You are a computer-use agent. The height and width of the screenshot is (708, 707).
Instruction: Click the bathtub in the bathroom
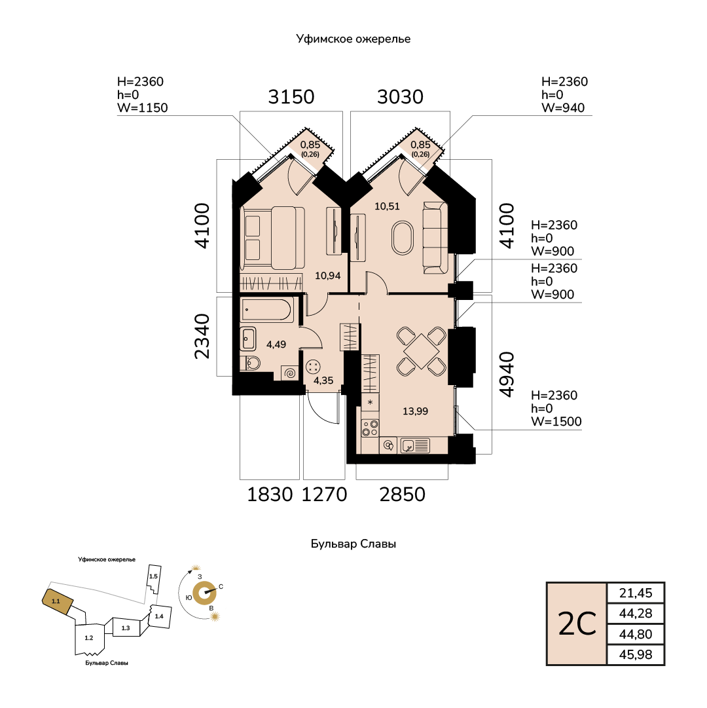point(267,310)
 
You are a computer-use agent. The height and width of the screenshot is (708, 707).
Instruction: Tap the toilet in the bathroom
point(251,363)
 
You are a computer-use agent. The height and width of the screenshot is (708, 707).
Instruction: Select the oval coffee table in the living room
point(402,238)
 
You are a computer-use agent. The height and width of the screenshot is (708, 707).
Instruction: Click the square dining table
point(422,351)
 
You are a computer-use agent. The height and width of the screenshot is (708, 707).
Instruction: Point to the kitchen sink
point(414,445)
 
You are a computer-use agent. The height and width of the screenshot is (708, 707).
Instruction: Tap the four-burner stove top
point(371,428)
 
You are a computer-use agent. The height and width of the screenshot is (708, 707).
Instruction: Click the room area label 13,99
point(415,411)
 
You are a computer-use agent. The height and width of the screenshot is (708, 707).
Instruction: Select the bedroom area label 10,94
point(327,276)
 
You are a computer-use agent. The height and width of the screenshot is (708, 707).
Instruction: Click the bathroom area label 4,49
point(276,345)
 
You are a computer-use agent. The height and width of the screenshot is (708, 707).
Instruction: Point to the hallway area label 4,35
point(323,381)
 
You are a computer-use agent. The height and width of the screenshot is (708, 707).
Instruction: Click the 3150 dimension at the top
point(291,97)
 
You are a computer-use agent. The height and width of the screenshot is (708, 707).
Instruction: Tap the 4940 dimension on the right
point(507,375)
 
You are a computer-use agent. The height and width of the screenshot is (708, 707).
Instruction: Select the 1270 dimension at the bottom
point(324,494)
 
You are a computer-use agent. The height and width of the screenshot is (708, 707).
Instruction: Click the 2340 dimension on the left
point(202,336)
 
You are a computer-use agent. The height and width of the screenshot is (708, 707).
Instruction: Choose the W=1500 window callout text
point(556,421)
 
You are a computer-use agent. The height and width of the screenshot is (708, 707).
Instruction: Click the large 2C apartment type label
point(577,624)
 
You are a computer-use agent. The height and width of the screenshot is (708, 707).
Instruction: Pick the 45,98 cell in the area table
point(635,654)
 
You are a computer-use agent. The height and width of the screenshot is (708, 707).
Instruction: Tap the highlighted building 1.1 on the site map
point(58,601)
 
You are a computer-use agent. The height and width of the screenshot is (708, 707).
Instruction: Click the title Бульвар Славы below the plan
point(353,544)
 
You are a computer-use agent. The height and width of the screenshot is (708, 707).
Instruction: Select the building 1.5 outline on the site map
point(153,578)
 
